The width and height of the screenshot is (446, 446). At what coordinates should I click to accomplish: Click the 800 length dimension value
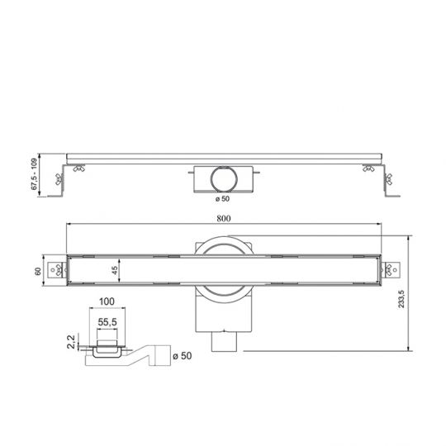coord(224,217)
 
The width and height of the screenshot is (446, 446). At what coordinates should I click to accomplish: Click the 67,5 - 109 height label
coord(35,173)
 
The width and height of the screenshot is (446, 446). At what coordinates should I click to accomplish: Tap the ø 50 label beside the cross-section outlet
coord(181,356)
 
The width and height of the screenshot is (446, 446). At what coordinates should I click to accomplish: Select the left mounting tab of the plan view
coord(58,270)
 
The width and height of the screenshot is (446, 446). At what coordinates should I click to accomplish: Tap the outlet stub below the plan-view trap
coord(223,342)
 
